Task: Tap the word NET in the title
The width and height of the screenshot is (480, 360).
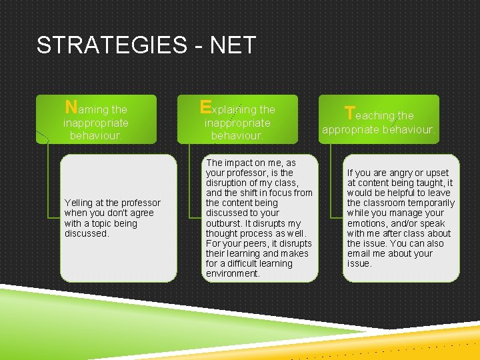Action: click(233, 45)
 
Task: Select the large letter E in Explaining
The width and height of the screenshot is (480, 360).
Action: click(205, 107)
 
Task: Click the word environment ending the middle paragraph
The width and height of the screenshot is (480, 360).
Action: click(233, 273)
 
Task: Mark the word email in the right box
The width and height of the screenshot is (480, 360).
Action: click(359, 253)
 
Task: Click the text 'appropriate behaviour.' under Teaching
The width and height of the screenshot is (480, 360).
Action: click(378, 130)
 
